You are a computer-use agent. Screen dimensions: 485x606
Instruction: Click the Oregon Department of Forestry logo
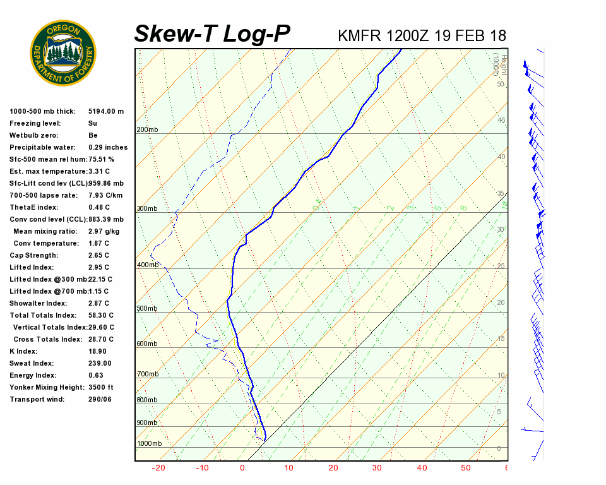click(x=63, y=53)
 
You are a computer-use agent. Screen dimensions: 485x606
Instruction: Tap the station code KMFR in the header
click(x=359, y=35)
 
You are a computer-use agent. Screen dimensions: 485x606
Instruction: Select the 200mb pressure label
click(x=147, y=130)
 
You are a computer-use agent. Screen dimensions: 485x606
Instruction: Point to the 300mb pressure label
click(x=147, y=209)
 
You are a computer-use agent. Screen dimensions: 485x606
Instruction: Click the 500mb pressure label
click(x=147, y=309)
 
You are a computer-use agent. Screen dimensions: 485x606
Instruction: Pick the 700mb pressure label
click(x=147, y=374)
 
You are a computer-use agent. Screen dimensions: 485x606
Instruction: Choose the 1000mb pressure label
click(x=149, y=443)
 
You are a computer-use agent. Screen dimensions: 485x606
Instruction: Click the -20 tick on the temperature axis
click(x=158, y=468)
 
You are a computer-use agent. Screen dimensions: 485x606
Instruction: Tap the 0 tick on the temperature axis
click(x=242, y=468)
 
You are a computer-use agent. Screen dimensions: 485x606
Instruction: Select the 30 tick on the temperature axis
click(x=377, y=468)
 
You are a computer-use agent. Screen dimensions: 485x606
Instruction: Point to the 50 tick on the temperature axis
click(x=466, y=468)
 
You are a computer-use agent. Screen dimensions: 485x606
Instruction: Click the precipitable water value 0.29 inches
click(x=108, y=147)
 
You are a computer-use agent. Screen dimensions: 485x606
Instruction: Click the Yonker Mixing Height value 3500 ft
click(x=101, y=387)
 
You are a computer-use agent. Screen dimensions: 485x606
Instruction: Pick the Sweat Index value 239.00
click(x=100, y=363)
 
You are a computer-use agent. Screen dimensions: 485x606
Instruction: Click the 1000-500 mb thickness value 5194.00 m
click(x=106, y=111)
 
